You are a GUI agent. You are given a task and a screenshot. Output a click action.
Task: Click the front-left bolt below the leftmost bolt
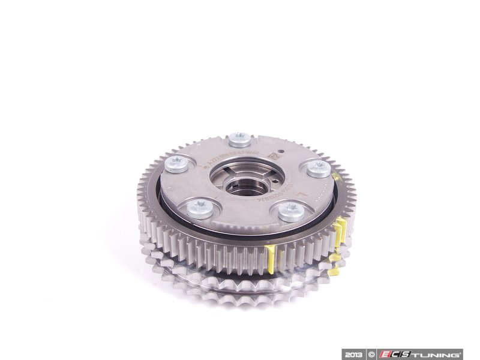click(x=198, y=209)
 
